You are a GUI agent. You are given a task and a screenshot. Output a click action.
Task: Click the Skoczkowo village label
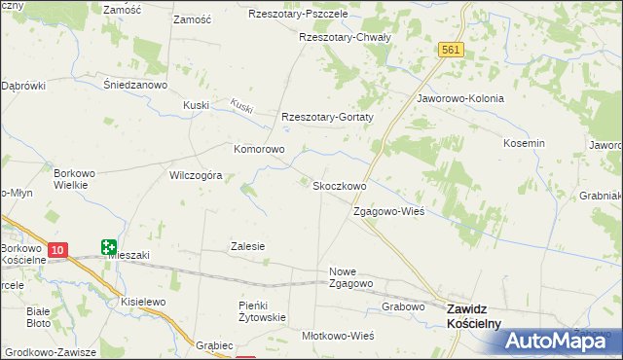point(339,185)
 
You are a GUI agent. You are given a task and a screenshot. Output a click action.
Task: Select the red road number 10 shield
point(57,250)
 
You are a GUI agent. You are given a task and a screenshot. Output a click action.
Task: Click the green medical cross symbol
point(108,248)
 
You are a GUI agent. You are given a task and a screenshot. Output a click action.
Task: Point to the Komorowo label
point(258,150)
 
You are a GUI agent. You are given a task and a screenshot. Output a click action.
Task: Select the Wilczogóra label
point(197,176)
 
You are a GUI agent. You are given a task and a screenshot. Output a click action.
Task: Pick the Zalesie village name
point(247,247)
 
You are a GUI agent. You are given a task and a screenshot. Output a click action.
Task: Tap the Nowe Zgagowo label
point(351,277)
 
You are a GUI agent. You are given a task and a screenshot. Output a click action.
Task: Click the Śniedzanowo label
point(136,84)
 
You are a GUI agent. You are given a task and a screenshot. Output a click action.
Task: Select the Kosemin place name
point(524,143)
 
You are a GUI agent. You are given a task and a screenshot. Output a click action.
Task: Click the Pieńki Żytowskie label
point(262,311)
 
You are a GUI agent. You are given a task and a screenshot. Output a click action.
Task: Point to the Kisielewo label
point(145,303)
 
